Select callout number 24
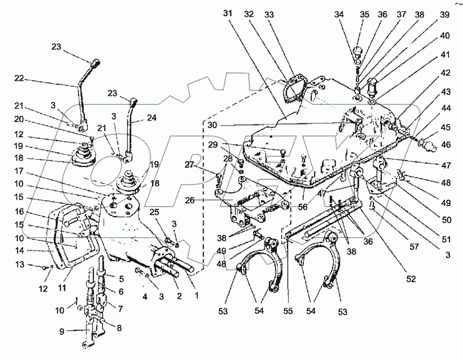pyautogui.click(x=152, y=117)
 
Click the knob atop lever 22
pyautogui.click(x=95, y=60)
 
